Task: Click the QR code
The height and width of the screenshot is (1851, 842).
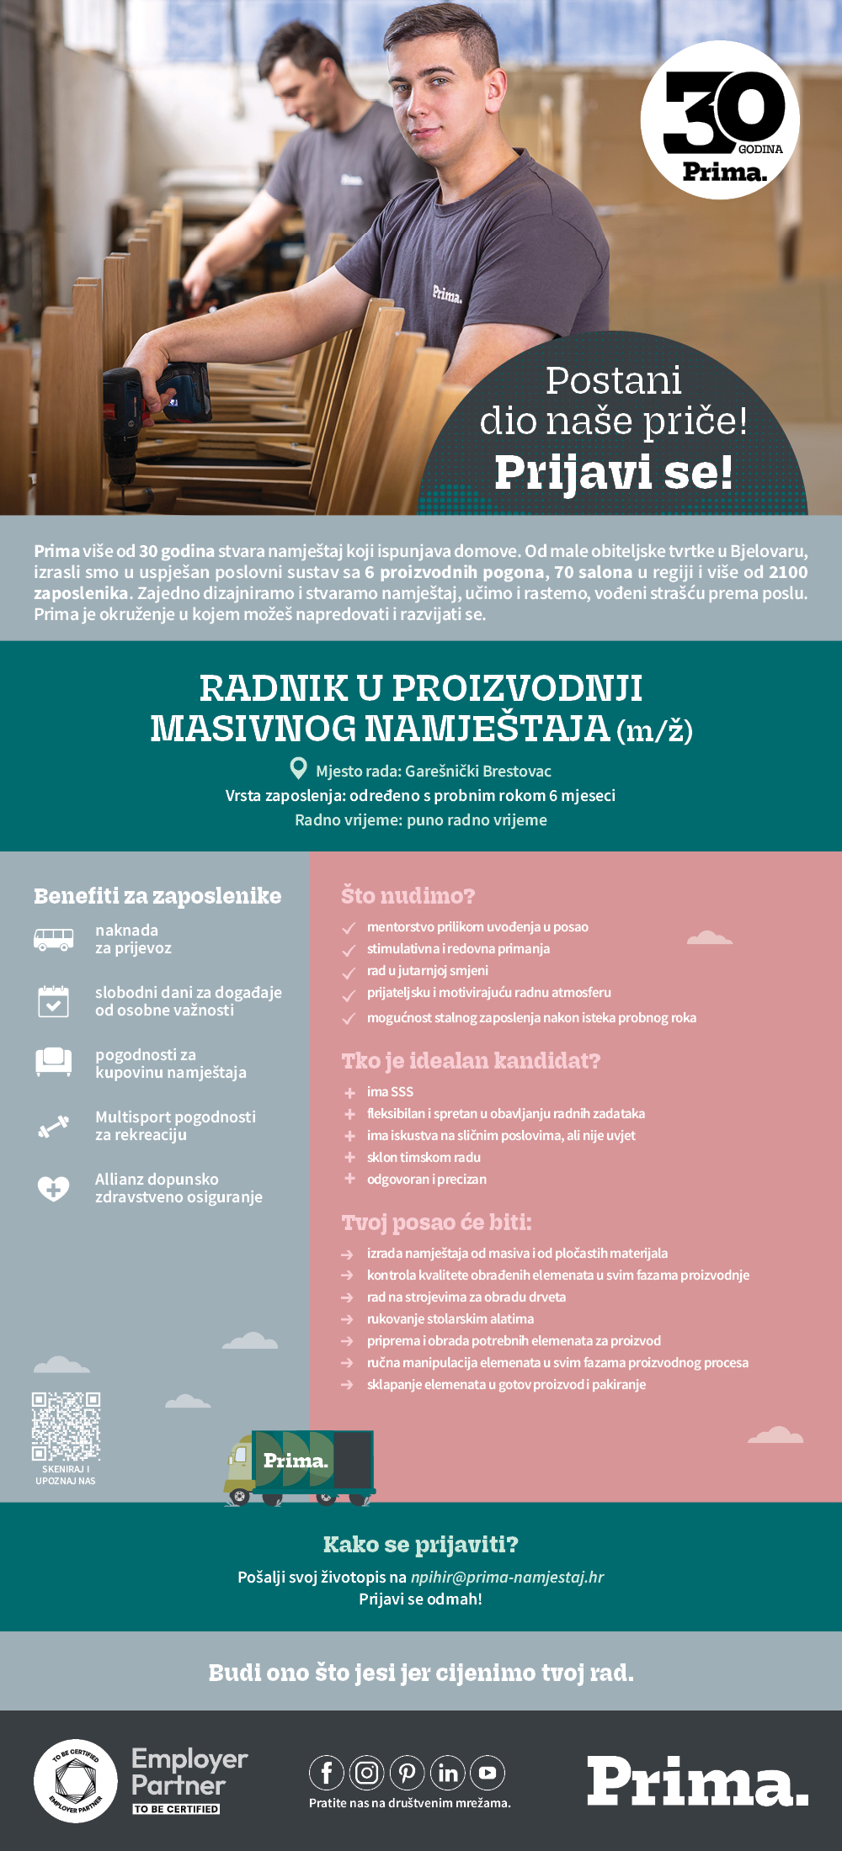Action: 66,1425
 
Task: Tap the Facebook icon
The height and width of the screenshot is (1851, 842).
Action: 327,1773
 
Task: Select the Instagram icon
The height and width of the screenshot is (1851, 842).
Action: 367,1773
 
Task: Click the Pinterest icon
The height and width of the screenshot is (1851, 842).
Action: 408,1773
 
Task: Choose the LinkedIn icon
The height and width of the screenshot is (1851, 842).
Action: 448,1773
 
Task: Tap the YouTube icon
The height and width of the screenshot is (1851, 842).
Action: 488,1773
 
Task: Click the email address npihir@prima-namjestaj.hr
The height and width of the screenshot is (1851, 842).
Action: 507,1577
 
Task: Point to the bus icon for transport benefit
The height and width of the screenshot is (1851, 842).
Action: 53,939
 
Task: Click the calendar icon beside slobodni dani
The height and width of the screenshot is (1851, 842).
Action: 53,1001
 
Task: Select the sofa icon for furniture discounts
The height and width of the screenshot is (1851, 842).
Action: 53,1063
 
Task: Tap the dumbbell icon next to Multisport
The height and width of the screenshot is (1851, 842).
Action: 53,1126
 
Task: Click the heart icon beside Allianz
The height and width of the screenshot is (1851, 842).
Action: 53,1188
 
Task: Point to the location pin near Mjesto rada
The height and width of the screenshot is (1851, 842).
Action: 298,768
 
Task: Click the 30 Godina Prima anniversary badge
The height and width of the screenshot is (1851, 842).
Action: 720,120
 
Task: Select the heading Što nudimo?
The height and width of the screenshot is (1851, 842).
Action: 408,895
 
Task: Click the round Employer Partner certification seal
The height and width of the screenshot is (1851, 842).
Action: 76,1780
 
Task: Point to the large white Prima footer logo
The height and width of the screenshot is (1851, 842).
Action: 697,1781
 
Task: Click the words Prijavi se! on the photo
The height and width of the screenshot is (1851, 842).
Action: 613,472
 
